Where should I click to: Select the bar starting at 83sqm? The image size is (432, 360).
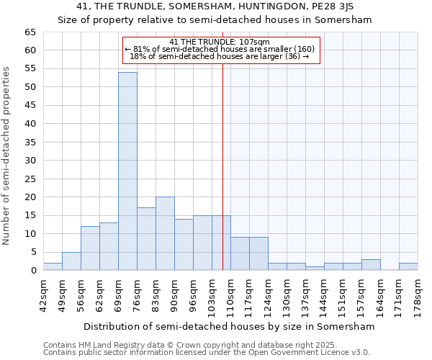click(x=165, y=233)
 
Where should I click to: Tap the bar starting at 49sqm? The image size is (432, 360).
click(x=71, y=261)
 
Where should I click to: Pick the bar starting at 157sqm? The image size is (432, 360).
click(x=371, y=264)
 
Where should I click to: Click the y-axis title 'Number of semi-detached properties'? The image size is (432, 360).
click(x=7, y=156)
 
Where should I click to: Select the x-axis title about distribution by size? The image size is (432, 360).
click(x=230, y=326)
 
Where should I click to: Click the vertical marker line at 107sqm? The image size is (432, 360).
click(x=222, y=180)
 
